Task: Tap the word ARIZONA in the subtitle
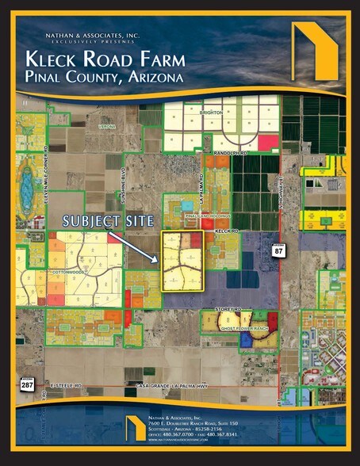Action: click(x=151, y=78)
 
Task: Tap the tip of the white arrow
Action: click(x=165, y=260)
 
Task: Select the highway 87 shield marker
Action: click(x=278, y=250)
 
